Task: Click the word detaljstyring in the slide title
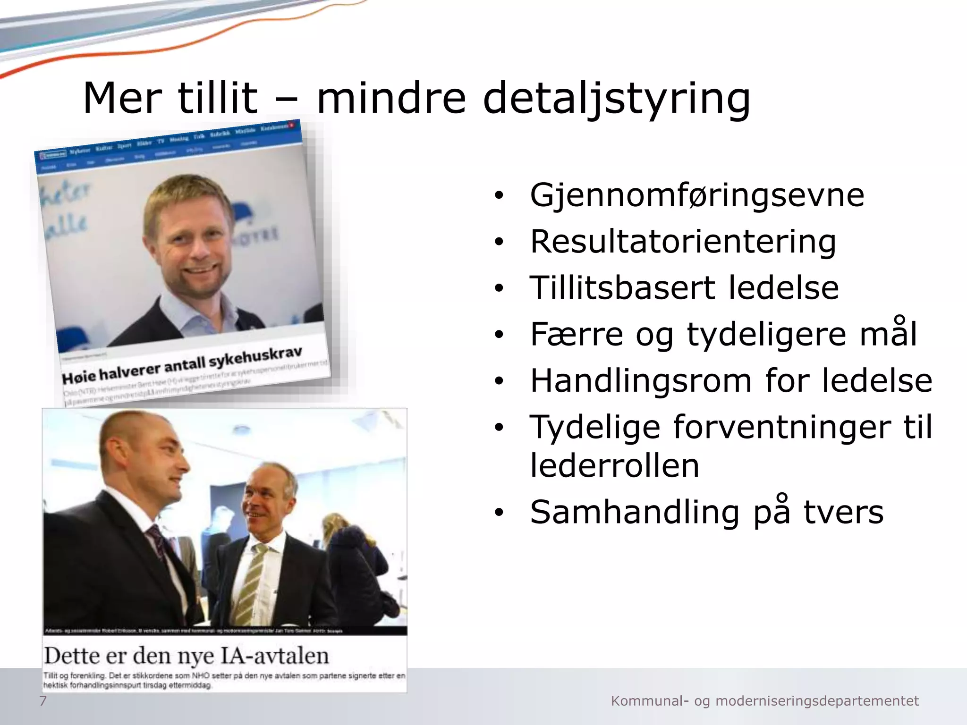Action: coord(616,99)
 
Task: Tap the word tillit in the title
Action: coord(218,99)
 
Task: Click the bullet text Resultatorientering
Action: coord(683,241)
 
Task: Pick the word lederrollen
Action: coord(614,465)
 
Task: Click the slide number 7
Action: coord(43,701)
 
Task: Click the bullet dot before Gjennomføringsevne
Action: coord(499,196)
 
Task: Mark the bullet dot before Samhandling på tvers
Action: coord(499,514)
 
